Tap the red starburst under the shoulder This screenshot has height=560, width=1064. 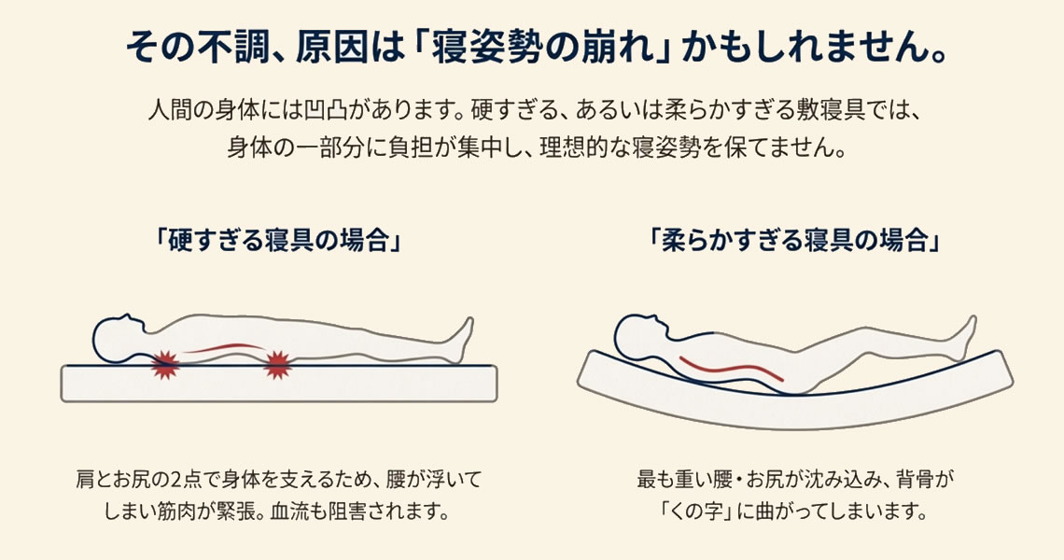tap(165, 364)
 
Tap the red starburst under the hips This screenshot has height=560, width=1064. tap(278, 365)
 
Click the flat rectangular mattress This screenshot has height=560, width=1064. tap(280, 385)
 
